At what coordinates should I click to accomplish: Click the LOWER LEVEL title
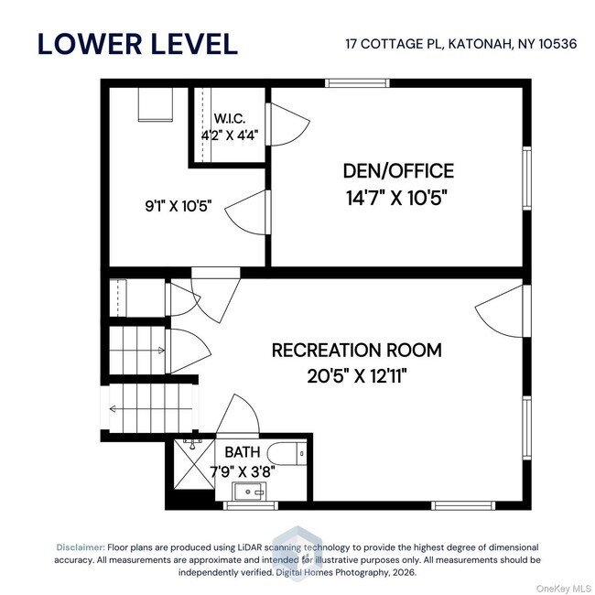(x=137, y=44)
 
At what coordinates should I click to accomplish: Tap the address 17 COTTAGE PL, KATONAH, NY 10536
(x=461, y=44)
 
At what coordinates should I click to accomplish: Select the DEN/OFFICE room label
(x=398, y=171)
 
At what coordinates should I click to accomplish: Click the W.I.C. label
(x=230, y=118)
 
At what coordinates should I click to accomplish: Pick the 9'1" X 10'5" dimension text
(x=178, y=206)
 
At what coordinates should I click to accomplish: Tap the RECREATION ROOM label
(x=357, y=350)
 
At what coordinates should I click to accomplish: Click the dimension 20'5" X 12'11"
(x=357, y=376)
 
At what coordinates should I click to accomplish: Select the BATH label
(x=243, y=452)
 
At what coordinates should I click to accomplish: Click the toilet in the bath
(x=287, y=453)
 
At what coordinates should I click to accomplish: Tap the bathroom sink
(x=249, y=492)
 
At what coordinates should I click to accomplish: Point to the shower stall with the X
(x=194, y=464)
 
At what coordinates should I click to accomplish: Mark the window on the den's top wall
(x=357, y=82)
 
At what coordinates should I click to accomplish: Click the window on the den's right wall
(x=526, y=178)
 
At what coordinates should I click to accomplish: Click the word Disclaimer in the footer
(x=81, y=547)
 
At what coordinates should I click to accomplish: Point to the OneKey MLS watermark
(x=564, y=589)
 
